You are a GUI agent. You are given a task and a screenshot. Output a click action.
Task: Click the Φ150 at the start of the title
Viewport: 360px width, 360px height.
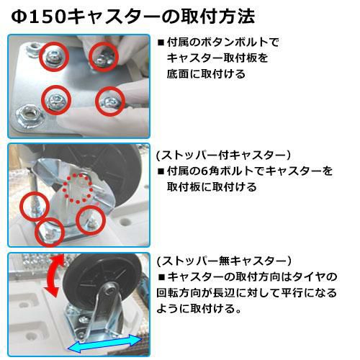pos(38,17)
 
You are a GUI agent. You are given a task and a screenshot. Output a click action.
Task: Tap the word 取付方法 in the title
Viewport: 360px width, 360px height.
pos(218,17)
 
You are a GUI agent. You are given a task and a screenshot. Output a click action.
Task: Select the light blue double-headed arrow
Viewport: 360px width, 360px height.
pos(104,344)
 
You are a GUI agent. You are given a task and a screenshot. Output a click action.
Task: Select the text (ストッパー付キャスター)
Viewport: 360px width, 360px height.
pos(223,156)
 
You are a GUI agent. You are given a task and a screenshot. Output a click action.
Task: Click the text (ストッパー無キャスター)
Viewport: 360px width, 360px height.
pos(224,261)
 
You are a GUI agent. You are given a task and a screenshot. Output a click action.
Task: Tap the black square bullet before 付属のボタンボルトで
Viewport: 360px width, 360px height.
pos(161,43)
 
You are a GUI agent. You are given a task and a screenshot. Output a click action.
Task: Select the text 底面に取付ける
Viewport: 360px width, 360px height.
pos(206,74)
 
